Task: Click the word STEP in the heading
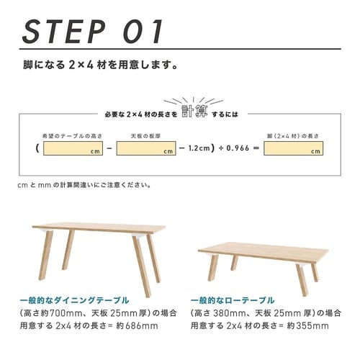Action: [x=64, y=32]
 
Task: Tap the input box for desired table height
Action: [x=73, y=148]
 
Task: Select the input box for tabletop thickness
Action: [x=146, y=148]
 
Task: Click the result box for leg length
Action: [x=293, y=148]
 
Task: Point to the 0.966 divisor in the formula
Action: [x=238, y=148]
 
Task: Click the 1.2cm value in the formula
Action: [x=199, y=148]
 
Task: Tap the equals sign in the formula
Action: [x=256, y=148]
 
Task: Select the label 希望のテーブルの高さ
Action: [x=72, y=136]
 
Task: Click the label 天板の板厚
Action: [x=145, y=136]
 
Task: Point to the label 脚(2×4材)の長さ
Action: [x=293, y=136]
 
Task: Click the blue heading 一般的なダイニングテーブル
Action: [x=74, y=300]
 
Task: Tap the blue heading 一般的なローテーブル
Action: [x=233, y=300]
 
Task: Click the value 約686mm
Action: [x=137, y=326]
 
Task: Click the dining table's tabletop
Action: [x=99, y=228]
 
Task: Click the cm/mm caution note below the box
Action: [x=84, y=185]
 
